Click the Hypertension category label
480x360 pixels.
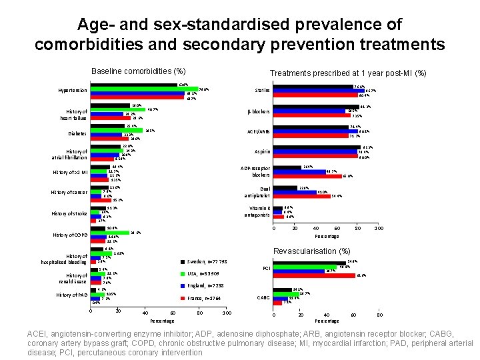pyautogui.click(x=72, y=91)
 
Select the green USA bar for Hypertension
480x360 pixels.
pyautogui.click(x=144, y=89)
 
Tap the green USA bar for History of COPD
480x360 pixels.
pyautogui.click(x=110, y=233)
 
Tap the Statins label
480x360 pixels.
pyautogui.click(x=262, y=91)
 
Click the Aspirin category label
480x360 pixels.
pyautogui.click(x=261, y=152)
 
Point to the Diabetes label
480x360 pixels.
pyautogui.click(x=77, y=134)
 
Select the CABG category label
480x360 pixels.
pyautogui.click(x=263, y=297)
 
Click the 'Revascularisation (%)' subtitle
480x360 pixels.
pyautogui.click(x=312, y=251)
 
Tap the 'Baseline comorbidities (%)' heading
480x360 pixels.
pyautogui.click(x=137, y=71)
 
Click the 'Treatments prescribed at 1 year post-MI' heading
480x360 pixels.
pyautogui.click(x=347, y=73)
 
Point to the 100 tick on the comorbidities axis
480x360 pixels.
pyautogui.click(x=227, y=313)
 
